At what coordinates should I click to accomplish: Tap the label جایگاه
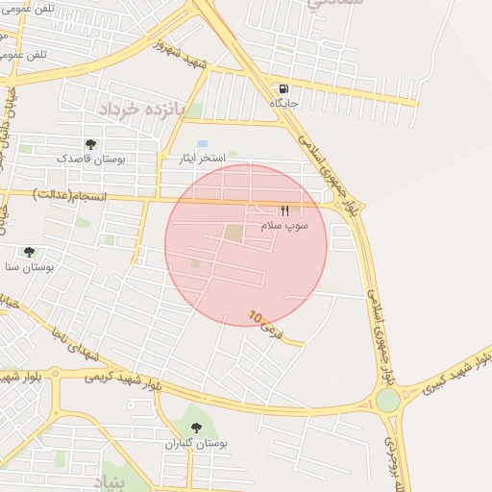click(284, 103)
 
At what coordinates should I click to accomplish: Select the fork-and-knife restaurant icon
click(284, 211)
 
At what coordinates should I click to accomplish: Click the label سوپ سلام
click(283, 225)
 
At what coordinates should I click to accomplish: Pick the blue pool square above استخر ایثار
click(202, 143)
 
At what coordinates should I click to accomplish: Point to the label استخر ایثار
click(204, 157)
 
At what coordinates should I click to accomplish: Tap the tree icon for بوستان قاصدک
click(90, 143)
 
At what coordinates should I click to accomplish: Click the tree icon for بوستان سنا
click(29, 252)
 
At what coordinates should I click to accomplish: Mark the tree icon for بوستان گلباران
click(197, 429)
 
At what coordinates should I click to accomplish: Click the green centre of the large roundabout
click(388, 400)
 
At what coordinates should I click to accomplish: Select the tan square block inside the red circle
click(234, 233)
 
